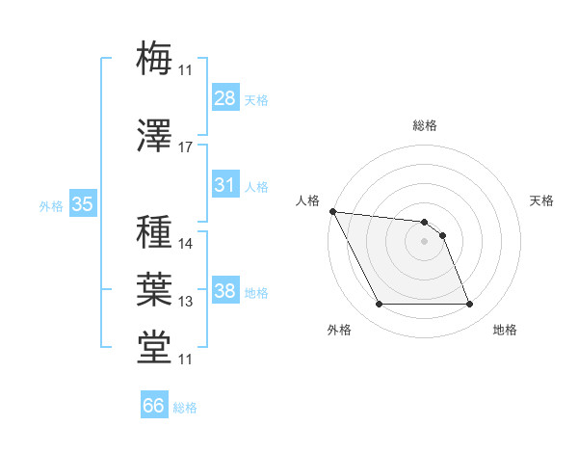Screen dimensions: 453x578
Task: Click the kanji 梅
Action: [x=155, y=57]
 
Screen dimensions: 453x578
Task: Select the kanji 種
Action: [x=155, y=232]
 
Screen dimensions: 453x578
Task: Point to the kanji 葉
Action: [x=155, y=288]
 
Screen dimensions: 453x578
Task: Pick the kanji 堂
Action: [x=155, y=347]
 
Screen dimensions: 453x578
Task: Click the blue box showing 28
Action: [x=225, y=98]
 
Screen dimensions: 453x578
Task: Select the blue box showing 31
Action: [x=225, y=185]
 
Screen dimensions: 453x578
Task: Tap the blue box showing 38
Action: [x=225, y=291]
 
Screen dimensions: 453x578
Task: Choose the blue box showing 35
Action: [x=82, y=204]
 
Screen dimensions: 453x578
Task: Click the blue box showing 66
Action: [x=154, y=406]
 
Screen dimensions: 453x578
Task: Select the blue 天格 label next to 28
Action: [x=256, y=99]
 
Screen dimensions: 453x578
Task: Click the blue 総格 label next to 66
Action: [x=185, y=407]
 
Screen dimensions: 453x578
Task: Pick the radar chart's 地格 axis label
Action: [x=505, y=330]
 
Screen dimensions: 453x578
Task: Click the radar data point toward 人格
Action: [x=332, y=211]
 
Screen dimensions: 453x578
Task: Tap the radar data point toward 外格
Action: [x=379, y=305]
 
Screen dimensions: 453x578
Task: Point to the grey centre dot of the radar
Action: [x=424, y=241]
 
